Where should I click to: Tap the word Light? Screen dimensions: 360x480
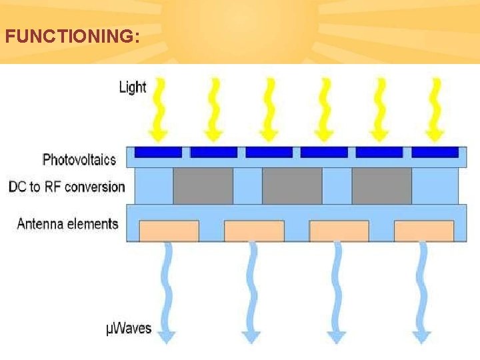(x=133, y=87)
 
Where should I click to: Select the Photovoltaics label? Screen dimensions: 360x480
(x=79, y=159)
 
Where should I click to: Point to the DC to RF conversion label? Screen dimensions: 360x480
(x=67, y=187)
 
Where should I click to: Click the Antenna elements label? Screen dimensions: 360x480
(x=68, y=223)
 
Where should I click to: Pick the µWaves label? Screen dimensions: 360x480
(x=129, y=329)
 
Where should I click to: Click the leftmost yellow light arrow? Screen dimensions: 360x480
(x=158, y=109)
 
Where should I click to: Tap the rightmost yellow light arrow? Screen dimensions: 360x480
(x=435, y=109)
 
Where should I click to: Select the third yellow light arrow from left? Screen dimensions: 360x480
(x=269, y=109)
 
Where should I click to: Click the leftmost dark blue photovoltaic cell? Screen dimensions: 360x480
(x=159, y=152)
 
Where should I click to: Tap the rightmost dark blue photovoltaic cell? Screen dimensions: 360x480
(x=435, y=152)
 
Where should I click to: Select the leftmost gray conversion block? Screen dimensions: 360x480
(x=203, y=186)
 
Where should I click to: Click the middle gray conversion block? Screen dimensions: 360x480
(x=292, y=186)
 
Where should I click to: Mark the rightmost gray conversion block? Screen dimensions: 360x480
(x=381, y=186)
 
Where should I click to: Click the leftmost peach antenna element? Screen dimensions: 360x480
(x=169, y=231)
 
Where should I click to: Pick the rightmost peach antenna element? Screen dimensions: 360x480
(x=424, y=231)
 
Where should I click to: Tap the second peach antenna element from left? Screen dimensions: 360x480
(x=254, y=231)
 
